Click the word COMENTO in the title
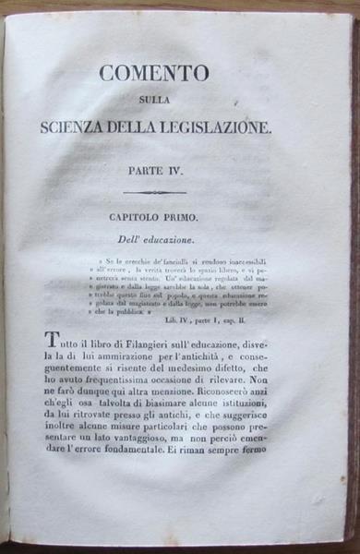point(153,73)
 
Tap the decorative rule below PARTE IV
point(155,193)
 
